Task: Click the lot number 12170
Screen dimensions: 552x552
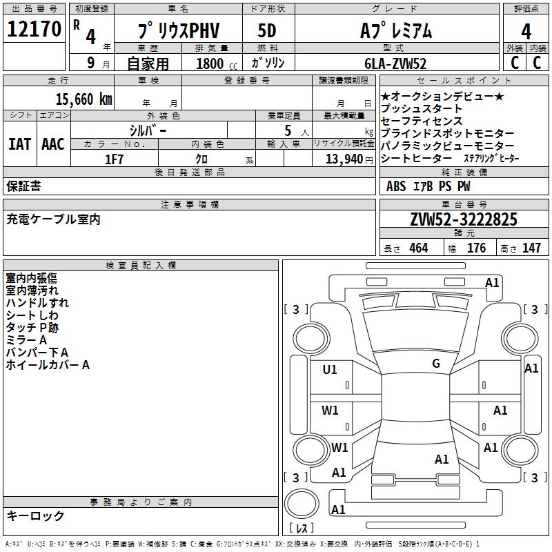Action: tap(34, 30)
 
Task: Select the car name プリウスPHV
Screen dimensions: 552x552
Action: tap(177, 31)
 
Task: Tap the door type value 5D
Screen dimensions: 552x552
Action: tap(266, 31)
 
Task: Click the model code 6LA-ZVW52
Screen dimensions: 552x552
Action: tap(395, 63)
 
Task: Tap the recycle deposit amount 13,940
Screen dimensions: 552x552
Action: tap(342, 159)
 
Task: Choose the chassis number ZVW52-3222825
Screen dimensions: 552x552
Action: tap(464, 220)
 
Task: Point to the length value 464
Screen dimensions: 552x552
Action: tap(418, 248)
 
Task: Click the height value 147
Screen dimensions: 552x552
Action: tap(531, 248)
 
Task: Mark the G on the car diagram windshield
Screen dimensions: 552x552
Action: tap(436, 364)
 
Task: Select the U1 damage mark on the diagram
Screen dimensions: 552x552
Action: tap(330, 370)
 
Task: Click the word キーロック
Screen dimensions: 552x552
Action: tap(35, 515)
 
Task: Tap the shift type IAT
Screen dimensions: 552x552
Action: tap(19, 144)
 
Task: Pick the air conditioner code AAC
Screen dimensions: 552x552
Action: tap(53, 144)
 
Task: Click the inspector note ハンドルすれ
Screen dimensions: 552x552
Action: tap(37, 302)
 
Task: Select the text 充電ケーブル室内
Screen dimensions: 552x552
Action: tap(53, 219)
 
